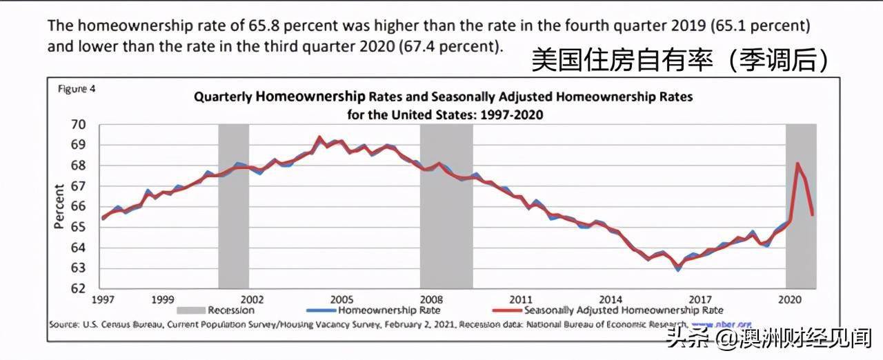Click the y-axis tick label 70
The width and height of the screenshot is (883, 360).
point(78,125)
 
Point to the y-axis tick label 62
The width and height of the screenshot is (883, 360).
point(78,289)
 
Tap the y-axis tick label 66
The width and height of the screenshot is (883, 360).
point(78,207)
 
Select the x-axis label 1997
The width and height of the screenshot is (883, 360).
point(103,300)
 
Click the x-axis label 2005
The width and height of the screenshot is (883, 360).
point(341,300)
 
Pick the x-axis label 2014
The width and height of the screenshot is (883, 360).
point(610,300)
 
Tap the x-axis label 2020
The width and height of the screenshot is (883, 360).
point(788,300)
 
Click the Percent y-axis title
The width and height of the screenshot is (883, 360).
point(59,207)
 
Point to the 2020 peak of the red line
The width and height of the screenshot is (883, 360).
point(797,163)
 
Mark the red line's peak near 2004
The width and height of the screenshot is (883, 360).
point(319,137)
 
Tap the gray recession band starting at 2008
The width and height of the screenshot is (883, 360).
point(446,207)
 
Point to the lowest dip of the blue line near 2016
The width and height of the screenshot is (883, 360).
point(678,270)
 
